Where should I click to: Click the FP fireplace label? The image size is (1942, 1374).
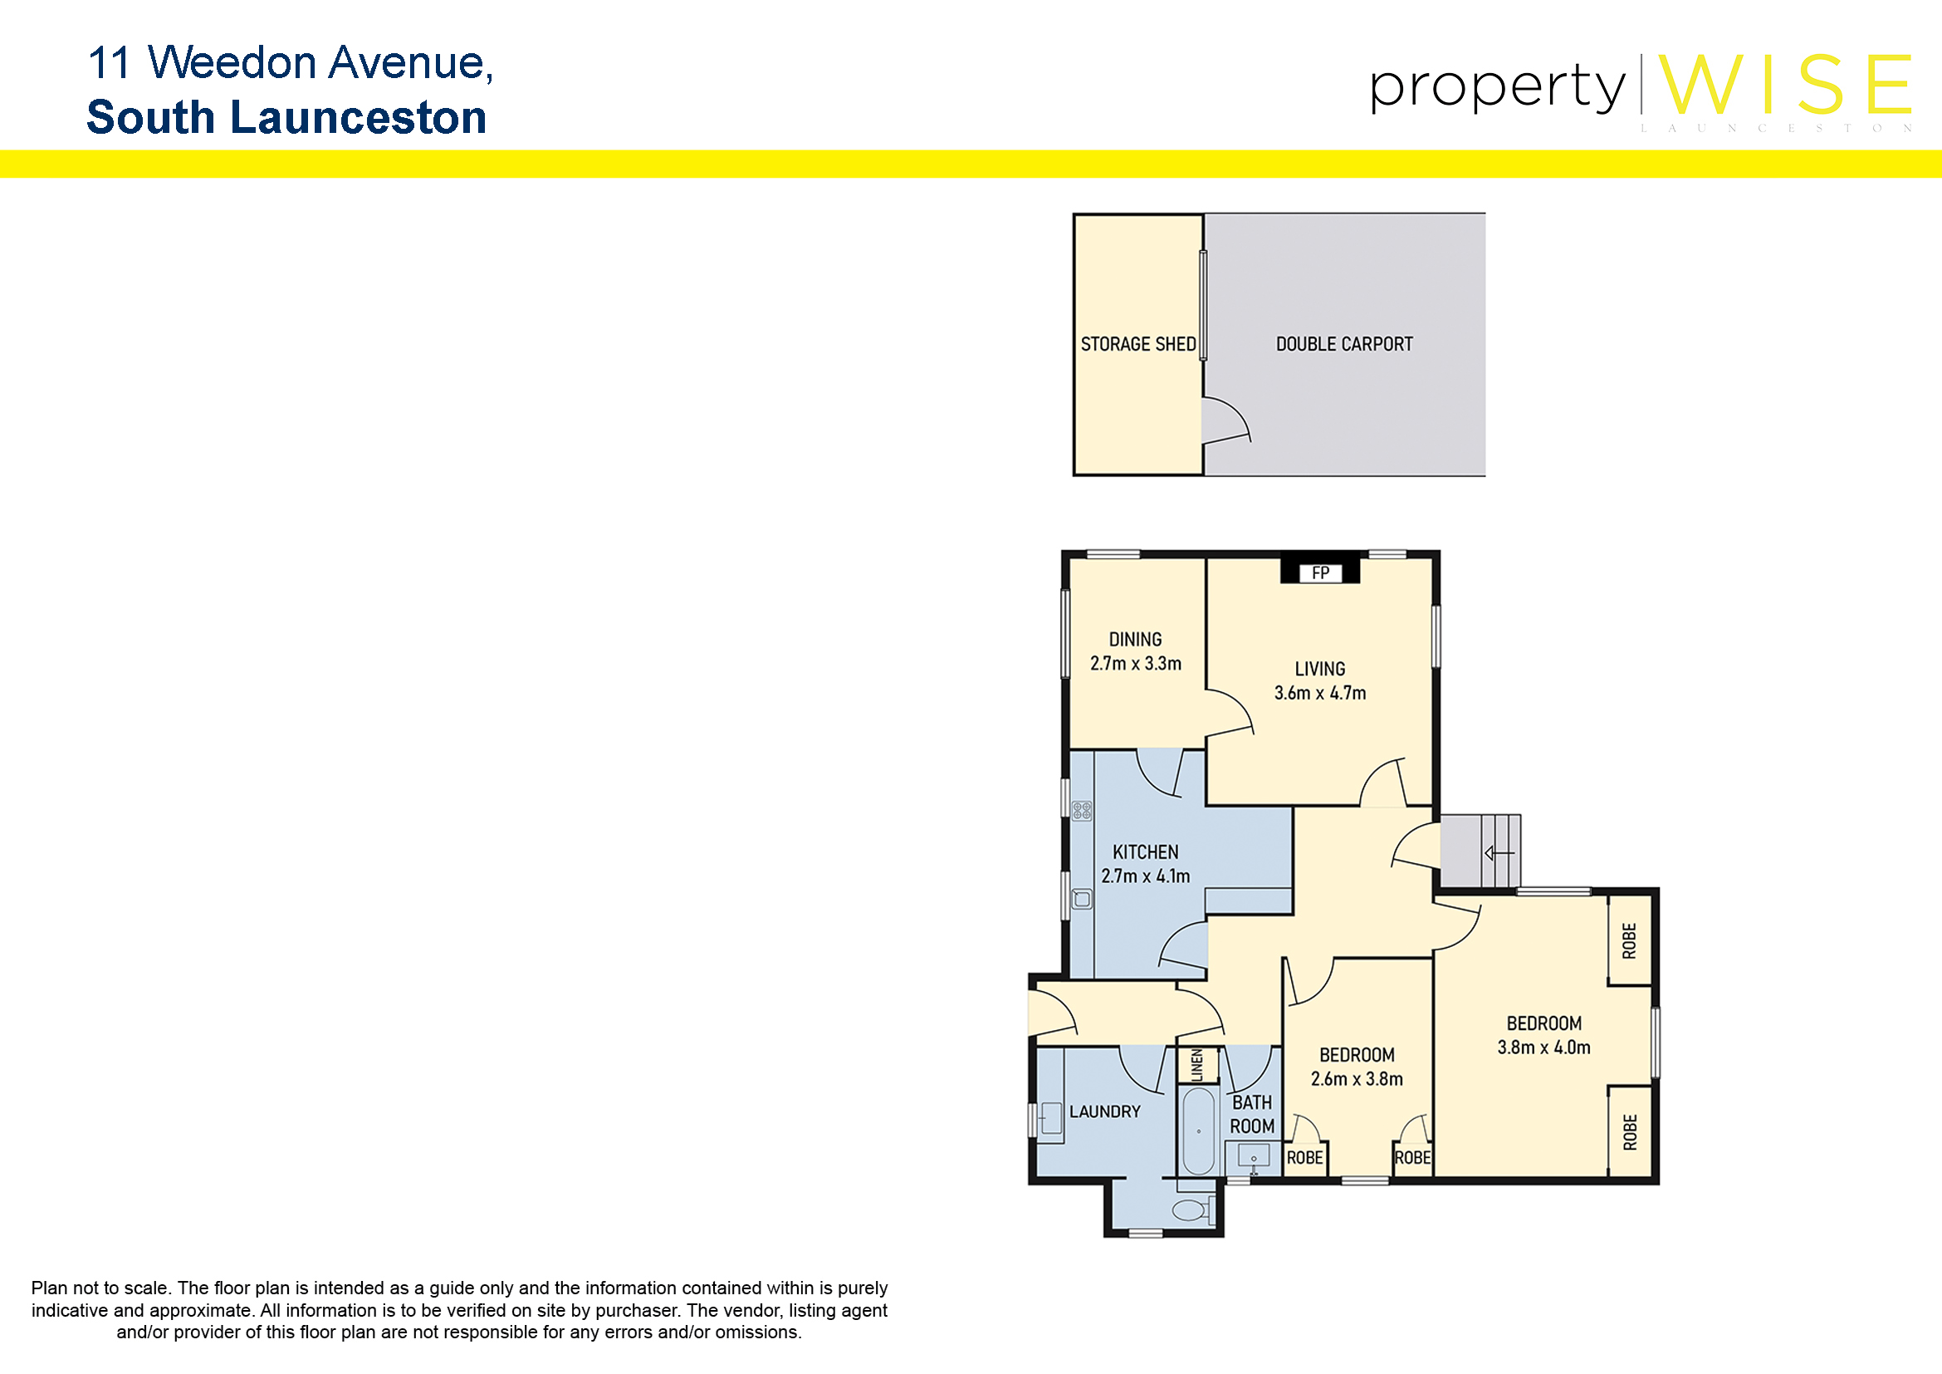click(x=1320, y=573)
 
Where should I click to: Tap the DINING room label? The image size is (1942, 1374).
click(x=1135, y=640)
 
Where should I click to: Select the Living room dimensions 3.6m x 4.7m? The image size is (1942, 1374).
click(x=1319, y=693)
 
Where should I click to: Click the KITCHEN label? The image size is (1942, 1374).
click(x=1145, y=852)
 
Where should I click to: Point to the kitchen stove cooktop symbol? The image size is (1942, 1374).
click(x=1082, y=812)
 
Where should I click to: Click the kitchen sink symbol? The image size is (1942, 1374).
click(x=1082, y=899)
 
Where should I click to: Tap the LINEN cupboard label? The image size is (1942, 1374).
click(x=1197, y=1065)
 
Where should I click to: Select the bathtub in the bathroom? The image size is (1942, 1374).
click(x=1198, y=1131)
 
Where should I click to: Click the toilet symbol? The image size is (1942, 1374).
click(x=1193, y=1210)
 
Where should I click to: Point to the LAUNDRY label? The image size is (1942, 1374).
click(x=1104, y=1111)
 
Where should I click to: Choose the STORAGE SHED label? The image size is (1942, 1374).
click(x=1137, y=345)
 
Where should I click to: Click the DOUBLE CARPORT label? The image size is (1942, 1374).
click(x=1344, y=345)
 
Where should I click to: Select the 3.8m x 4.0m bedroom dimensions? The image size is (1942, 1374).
click(x=1543, y=1048)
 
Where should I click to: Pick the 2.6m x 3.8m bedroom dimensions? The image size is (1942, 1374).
click(x=1357, y=1079)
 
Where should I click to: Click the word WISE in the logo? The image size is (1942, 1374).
click(x=1786, y=85)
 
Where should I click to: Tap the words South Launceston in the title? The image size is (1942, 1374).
click(x=286, y=117)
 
